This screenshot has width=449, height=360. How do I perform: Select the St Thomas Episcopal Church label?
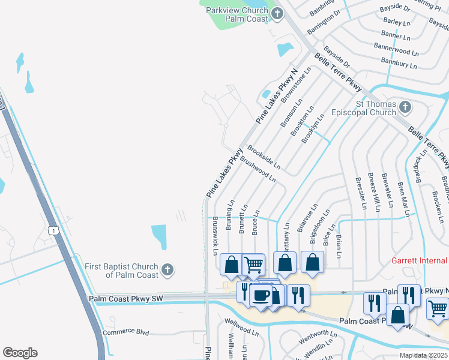click(376, 108)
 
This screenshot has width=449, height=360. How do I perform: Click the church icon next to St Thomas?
click(405, 107)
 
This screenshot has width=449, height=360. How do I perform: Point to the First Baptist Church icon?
click(167, 270)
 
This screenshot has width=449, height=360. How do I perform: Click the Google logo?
click(20, 353)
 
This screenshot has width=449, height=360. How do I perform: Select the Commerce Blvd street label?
click(125, 332)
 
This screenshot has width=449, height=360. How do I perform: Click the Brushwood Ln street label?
click(258, 170)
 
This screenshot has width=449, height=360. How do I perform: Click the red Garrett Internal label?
click(420, 260)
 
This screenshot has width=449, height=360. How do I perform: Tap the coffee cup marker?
click(261, 296)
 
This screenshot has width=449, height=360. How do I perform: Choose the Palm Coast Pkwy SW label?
click(125, 298)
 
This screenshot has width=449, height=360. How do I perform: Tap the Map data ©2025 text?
click(423, 355)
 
